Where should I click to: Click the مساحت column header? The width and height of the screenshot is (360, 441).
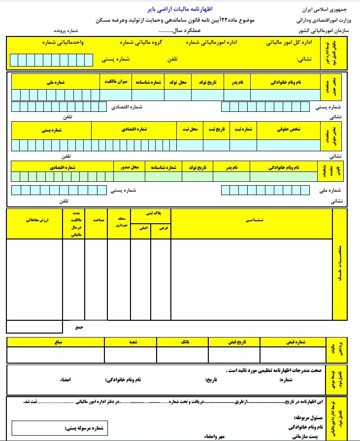[x=96, y=220]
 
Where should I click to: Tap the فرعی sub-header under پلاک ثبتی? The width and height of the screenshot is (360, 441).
[x=162, y=229]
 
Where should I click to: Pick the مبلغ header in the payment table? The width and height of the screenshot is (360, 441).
[x=55, y=341]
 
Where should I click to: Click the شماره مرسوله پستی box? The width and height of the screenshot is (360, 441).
[x=59, y=428]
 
